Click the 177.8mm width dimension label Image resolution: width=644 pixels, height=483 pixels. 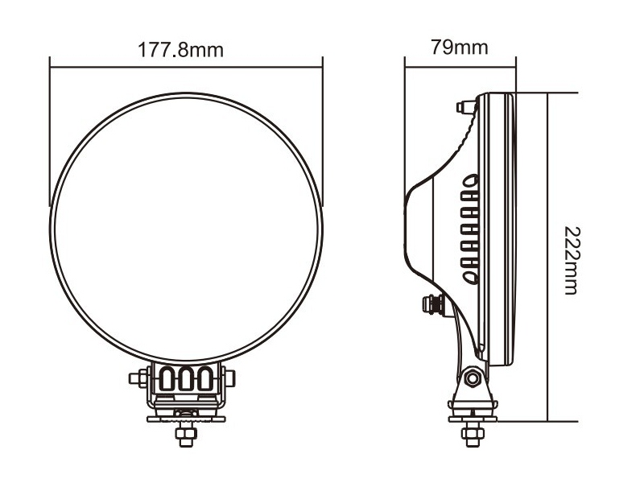[180, 50]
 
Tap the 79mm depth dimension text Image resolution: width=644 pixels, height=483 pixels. [459, 47]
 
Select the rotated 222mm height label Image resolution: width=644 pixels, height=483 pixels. [572, 260]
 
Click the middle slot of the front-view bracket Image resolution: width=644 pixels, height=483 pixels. [186, 378]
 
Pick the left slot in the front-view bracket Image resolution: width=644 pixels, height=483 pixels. [167, 378]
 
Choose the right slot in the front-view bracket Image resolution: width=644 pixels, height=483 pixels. [205, 378]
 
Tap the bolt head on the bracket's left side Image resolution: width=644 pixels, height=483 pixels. [138, 378]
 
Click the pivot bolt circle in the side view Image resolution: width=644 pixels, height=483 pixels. [473, 378]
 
